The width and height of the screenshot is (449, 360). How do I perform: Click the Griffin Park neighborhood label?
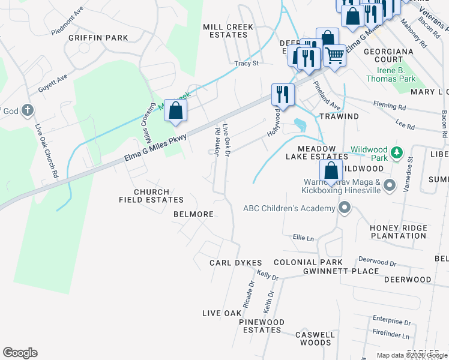(x=98, y=38)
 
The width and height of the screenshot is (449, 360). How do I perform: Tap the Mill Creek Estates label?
(x=228, y=31)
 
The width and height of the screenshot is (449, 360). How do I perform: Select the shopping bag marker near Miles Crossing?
(x=175, y=110)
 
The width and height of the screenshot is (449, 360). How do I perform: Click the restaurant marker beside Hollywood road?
(x=283, y=94)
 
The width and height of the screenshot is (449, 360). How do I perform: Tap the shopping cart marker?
(x=335, y=56)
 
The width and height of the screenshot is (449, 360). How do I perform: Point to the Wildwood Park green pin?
(x=396, y=151)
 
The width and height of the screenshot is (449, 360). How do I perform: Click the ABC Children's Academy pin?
(x=345, y=208)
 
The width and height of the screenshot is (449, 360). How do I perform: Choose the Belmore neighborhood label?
(x=193, y=214)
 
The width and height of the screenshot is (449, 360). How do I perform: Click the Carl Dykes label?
(x=236, y=263)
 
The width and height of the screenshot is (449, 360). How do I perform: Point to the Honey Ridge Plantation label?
(x=398, y=232)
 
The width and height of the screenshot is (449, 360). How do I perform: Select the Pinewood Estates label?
(x=261, y=326)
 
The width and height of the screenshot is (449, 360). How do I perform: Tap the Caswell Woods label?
(x=316, y=338)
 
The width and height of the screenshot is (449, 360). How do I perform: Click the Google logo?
(x=20, y=353)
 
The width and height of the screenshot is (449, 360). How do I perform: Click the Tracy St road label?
(x=246, y=63)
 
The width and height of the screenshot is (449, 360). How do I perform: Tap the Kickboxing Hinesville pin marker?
(x=389, y=185)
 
